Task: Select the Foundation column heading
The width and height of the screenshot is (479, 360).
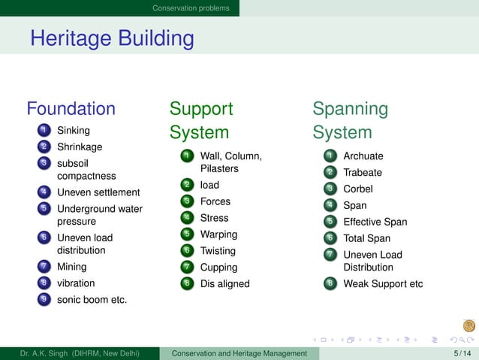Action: pyautogui.click(x=71, y=109)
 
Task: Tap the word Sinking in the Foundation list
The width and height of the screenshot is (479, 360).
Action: pyautogui.click(x=73, y=131)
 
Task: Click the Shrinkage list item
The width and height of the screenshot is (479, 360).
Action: pyautogui.click(x=79, y=147)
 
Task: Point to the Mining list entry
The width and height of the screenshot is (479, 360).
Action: pyautogui.click(x=71, y=267)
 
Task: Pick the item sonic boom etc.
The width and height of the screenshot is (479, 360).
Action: pyautogui.click(x=92, y=300)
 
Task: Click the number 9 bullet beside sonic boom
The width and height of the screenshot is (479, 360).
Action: pyautogui.click(x=45, y=300)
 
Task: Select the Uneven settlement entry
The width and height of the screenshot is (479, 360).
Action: pyautogui.click(x=98, y=192)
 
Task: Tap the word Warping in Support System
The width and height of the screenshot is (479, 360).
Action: pyautogui.click(x=218, y=234)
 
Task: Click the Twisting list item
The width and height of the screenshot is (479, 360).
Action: pyautogui.click(x=218, y=251)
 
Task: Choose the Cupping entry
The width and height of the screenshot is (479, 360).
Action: pyautogui.click(x=218, y=268)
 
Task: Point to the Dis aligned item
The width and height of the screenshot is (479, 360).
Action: pyautogui.click(x=224, y=284)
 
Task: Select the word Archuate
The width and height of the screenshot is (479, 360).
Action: pyautogui.click(x=363, y=156)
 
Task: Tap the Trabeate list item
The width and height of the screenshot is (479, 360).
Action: pyautogui.click(x=363, y=173)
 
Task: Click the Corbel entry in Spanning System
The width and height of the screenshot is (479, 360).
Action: pyautogui.click(x=358, y=189)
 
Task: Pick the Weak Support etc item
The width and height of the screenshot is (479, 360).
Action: pyautogui.click(x=383, y=284)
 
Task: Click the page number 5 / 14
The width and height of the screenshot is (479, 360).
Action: pyautogui.click(x=462, y=353)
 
